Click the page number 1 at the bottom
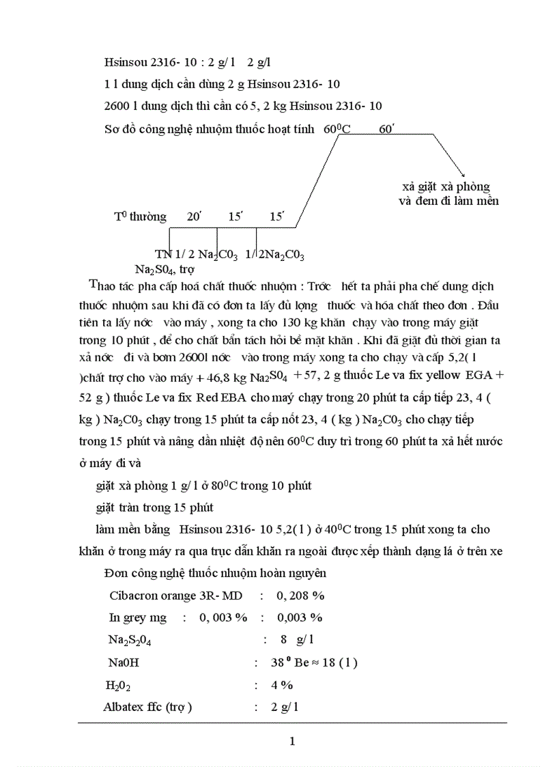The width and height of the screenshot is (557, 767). point(292,741)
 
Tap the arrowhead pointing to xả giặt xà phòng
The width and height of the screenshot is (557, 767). point(462,176)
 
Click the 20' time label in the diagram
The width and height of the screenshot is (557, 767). point(195,217)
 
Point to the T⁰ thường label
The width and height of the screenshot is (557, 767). point(140,217)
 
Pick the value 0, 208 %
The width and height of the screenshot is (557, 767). point(300,595)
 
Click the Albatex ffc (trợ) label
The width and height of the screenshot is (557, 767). point(147,707)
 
